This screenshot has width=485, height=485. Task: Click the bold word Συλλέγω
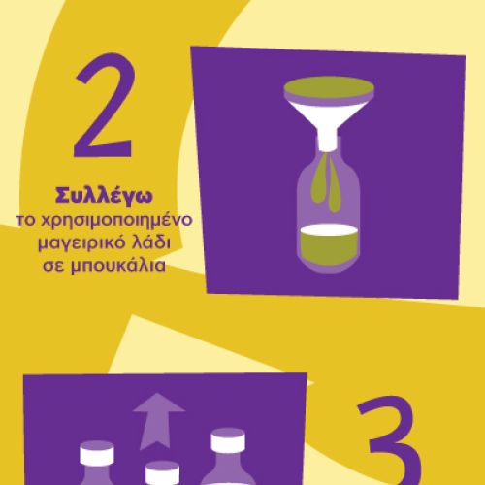[x=104, y=196]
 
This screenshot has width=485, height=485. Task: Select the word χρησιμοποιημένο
[x=116, y=222]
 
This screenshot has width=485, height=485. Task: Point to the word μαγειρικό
[x=77, y=244]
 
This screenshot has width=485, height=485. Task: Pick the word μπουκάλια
[x=118, y=266]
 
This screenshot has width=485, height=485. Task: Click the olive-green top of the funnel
[x=329, y=86]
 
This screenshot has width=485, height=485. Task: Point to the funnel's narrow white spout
[x=328, y=140]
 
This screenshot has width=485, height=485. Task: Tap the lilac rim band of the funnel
[x=329, y=97]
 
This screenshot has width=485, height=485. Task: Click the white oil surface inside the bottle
[x=329, y=229]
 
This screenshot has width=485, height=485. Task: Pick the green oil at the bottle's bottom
[x=329, y=248]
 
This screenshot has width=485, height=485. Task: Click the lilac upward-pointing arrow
[x=158, y=420]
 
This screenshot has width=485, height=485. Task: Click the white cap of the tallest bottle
[x=228, y=440]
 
